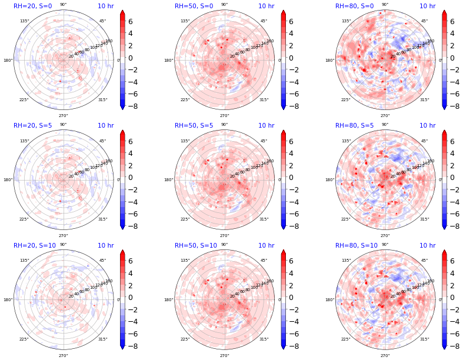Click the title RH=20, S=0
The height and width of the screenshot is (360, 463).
[32, 6]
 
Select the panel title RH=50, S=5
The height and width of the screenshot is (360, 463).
[194, 125]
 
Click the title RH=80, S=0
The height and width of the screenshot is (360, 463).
[354, 6]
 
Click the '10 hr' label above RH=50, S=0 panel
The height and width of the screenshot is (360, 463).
[266, 6]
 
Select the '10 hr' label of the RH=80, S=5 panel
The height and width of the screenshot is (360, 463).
[427, 125]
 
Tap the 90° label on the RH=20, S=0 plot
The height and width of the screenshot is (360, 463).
[63, 5]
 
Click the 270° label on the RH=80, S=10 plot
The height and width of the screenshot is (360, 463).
[385, 355]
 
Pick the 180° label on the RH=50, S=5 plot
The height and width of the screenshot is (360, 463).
[169, 180]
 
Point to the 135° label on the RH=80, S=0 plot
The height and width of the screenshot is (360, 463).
[346, 21]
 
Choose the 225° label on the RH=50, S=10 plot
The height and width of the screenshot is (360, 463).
[185, 339]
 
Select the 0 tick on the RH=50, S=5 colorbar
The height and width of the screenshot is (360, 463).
[295, 177]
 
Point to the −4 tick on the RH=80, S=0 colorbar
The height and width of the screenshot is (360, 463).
[455, 82]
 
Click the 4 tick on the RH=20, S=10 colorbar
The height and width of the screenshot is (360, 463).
[134, 273]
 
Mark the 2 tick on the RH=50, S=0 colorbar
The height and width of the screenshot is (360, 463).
[295, 45]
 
